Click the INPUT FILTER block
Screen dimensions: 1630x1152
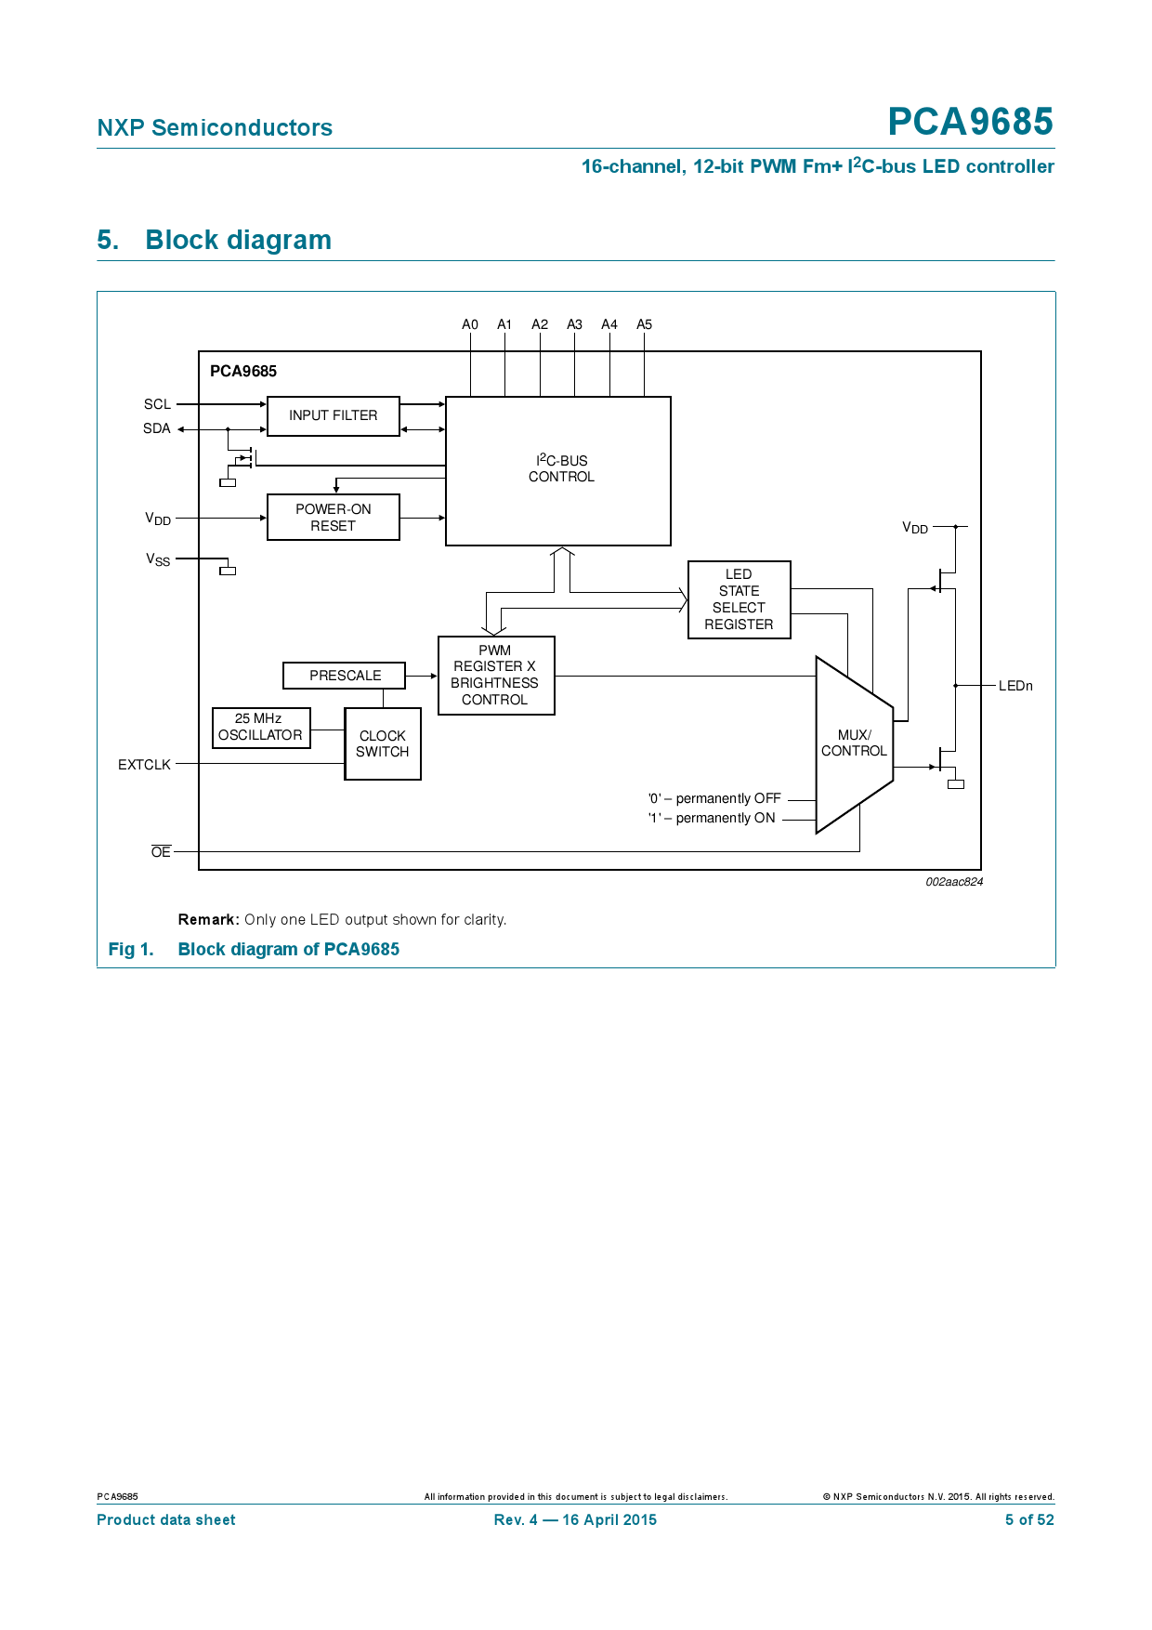(x=333, y=416)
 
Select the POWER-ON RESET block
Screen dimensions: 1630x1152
(x=333, y=518)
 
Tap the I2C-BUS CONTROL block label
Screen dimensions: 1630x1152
(x=561, y=468)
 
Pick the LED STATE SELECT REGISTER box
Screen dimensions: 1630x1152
(x=739, y=599)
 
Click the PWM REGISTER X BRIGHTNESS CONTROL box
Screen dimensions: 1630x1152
(x=495, y=676)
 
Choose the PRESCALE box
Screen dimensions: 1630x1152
(x=344, y=676)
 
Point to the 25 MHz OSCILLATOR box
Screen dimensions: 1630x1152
(x=260, y=727)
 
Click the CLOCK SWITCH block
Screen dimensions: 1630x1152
(x=382, y=743)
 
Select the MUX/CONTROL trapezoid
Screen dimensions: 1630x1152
(x=853, y=743)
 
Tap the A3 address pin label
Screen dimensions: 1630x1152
(x=574, y=324)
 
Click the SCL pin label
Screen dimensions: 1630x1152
(x=157, y=404)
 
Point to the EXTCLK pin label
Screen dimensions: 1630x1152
(x=144, y=765)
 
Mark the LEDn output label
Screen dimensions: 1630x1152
(x=1015, y=686)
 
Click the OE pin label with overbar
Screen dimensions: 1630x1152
(x=161, y=852)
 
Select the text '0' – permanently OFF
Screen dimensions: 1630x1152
(x=713, y=798)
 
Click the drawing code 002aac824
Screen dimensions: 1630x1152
(x=953, y=882)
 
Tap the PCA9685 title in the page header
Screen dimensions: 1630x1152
(x=970, y=122)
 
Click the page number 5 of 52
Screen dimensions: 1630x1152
(x=1028, y=1519)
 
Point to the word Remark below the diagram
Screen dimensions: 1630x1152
(x=208, y=920)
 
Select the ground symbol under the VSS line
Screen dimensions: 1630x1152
(x=228, y=571)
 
